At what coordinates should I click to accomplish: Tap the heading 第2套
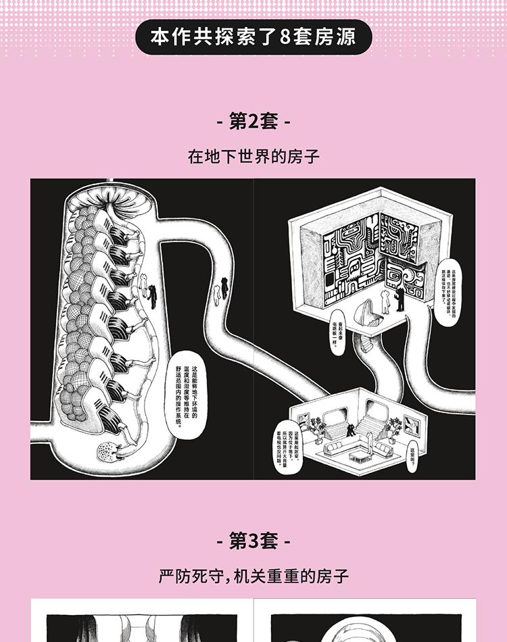pyautogui.click(x=254, y=122)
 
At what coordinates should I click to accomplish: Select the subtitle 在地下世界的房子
pyautogui.click(x=254, y=157)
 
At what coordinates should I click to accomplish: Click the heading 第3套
pyautogui.click(x=254, y=541)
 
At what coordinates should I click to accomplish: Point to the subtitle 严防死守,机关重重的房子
pyautogui.click(x=254, y=576)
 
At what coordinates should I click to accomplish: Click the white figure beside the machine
pyautogui.click(x=144, y=287)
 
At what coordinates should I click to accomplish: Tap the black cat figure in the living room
pyautogui.click(x=350, y=429)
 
